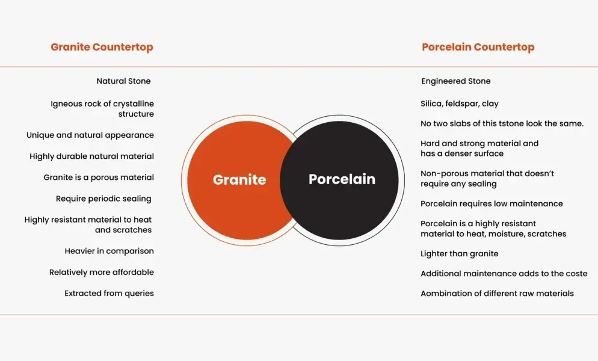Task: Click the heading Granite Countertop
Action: (x=102, y=47)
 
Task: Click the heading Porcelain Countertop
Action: (x=478, y=47)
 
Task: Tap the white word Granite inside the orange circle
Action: (x=239, y=179)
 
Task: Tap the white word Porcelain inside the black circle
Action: (x=342, y=179)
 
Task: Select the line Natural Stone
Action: (x=123, y=81)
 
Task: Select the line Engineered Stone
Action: (x=456, y=81)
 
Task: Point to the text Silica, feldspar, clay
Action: (x=460, y=103)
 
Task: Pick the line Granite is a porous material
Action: (x=99, y=177)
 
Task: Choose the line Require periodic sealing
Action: (x=103, y=199)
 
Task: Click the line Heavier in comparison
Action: (x=109, y=251)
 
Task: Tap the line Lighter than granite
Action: (x=459, y=254)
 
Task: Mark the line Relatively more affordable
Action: (x=102, y=272)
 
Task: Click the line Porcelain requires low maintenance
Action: (x=492, y=204)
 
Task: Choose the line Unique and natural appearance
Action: (x=90, y=135)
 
